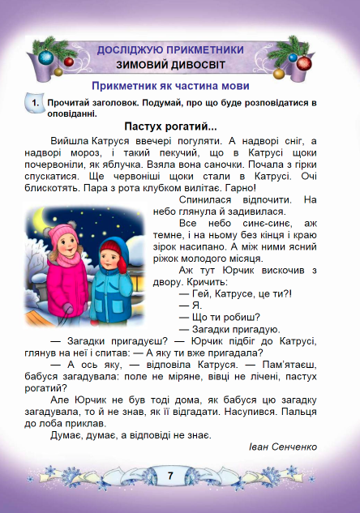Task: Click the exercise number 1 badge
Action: tap(33, 105)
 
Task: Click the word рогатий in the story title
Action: tap(194, 126)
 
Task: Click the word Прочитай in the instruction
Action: tap(69, 104)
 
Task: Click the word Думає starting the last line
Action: tap(66, 434)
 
